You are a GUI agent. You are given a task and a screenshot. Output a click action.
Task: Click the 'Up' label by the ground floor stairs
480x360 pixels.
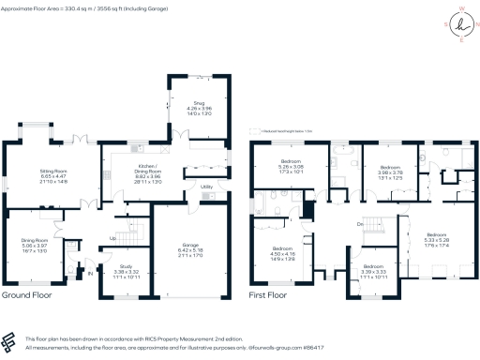[113, 238]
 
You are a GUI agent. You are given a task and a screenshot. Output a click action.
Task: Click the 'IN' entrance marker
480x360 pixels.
[91, 275]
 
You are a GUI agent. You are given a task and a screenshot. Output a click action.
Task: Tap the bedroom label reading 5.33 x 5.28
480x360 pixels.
[438, 239]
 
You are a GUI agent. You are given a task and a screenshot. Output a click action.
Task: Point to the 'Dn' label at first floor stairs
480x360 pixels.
[359, 224]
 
